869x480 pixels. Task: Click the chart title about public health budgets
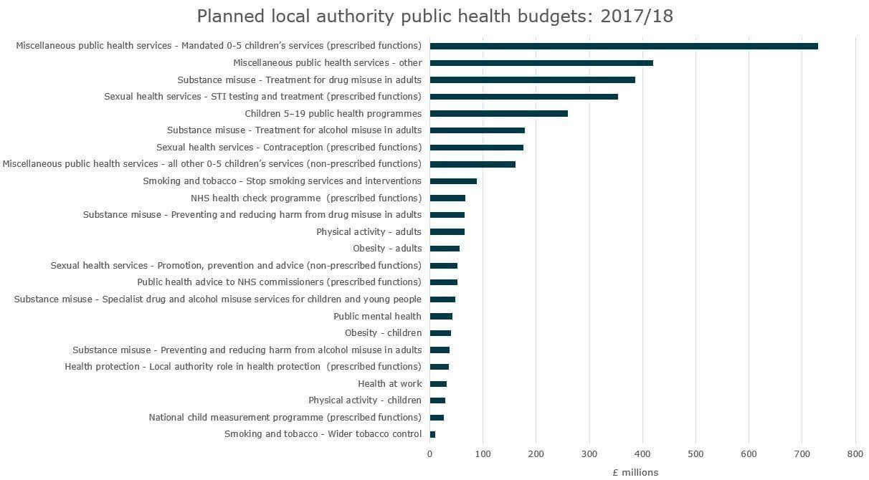[x=434, y=16]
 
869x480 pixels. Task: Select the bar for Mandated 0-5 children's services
[x=623, y=46]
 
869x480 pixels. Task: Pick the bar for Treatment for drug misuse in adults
[x=532, y=80]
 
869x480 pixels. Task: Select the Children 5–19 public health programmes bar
[x=498, y=113]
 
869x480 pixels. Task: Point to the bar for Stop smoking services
[x=453, y=181]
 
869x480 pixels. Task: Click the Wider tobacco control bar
[x=432, y=434]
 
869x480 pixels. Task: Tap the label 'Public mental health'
[x=377, y=316]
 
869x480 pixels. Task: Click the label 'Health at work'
[x=389, y=384]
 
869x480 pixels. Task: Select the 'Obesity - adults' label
[x=387, y=249]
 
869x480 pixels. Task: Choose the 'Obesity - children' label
[x=383, y=333]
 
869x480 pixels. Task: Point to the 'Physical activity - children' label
[x=365, y=400]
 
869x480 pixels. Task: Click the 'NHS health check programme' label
[x=306, y=198]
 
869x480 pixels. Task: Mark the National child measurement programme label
[x=285, y=417]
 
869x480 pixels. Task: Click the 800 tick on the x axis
[x=855, y=453]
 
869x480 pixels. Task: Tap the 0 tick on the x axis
[x=429, y=453]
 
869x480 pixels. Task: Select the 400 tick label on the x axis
[x=642, y=453]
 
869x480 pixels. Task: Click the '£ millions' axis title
[x=635, y=471]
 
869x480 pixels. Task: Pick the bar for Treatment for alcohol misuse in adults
[x=477, y=130]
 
